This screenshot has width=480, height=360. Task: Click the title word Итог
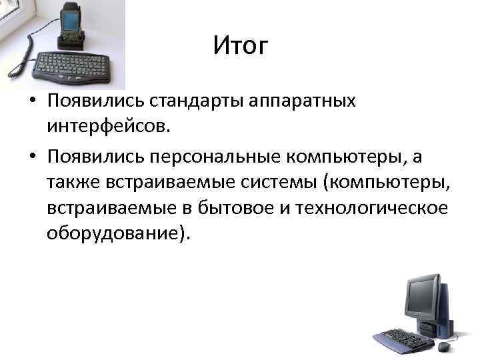click(x=241, y=46)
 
